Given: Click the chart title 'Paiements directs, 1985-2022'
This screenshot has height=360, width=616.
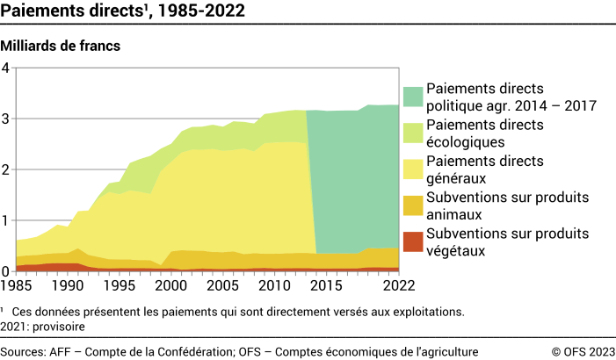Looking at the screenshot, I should coord(123,11).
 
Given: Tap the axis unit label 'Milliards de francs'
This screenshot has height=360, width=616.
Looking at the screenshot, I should coord(62,44).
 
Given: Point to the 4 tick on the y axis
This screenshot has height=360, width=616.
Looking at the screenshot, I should coord(5,68).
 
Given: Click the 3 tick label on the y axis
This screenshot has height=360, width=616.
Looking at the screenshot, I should coord(5,119).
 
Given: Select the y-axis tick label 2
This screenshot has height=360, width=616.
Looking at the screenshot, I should coord(5,170).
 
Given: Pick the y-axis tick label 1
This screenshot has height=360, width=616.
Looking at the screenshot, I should coord(5,220).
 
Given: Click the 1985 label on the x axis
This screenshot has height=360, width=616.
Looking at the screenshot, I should coord(15,285).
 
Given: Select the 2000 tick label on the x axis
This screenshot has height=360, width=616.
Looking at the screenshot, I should coord(175,285).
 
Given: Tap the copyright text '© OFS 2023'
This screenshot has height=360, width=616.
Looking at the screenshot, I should coord(581,350).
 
